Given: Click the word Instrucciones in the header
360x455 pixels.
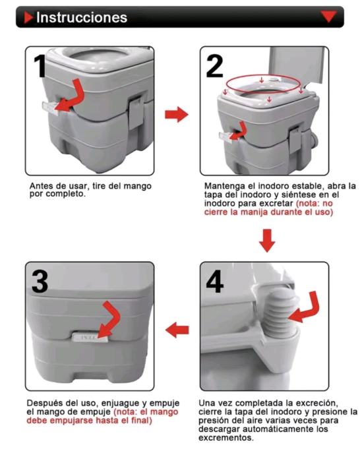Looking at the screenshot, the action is pos(82,17).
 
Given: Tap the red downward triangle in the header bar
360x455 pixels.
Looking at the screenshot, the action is pos(328,16).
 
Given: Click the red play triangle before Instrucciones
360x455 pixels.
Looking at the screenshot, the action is pos(29,17).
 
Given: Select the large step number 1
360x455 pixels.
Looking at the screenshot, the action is pos(40,66).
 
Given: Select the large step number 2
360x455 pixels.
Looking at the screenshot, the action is pos(215,66).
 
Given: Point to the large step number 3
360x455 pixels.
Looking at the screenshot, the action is pos(40,281).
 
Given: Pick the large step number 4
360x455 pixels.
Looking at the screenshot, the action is pos(215,281).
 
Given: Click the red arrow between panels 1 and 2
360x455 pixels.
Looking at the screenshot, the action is pos(177,114).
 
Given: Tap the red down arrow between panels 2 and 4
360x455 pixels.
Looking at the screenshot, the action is pos(267,241).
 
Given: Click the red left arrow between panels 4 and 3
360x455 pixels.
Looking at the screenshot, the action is pos(177,330).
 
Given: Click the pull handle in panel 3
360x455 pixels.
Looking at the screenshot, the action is pos(90,338).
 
